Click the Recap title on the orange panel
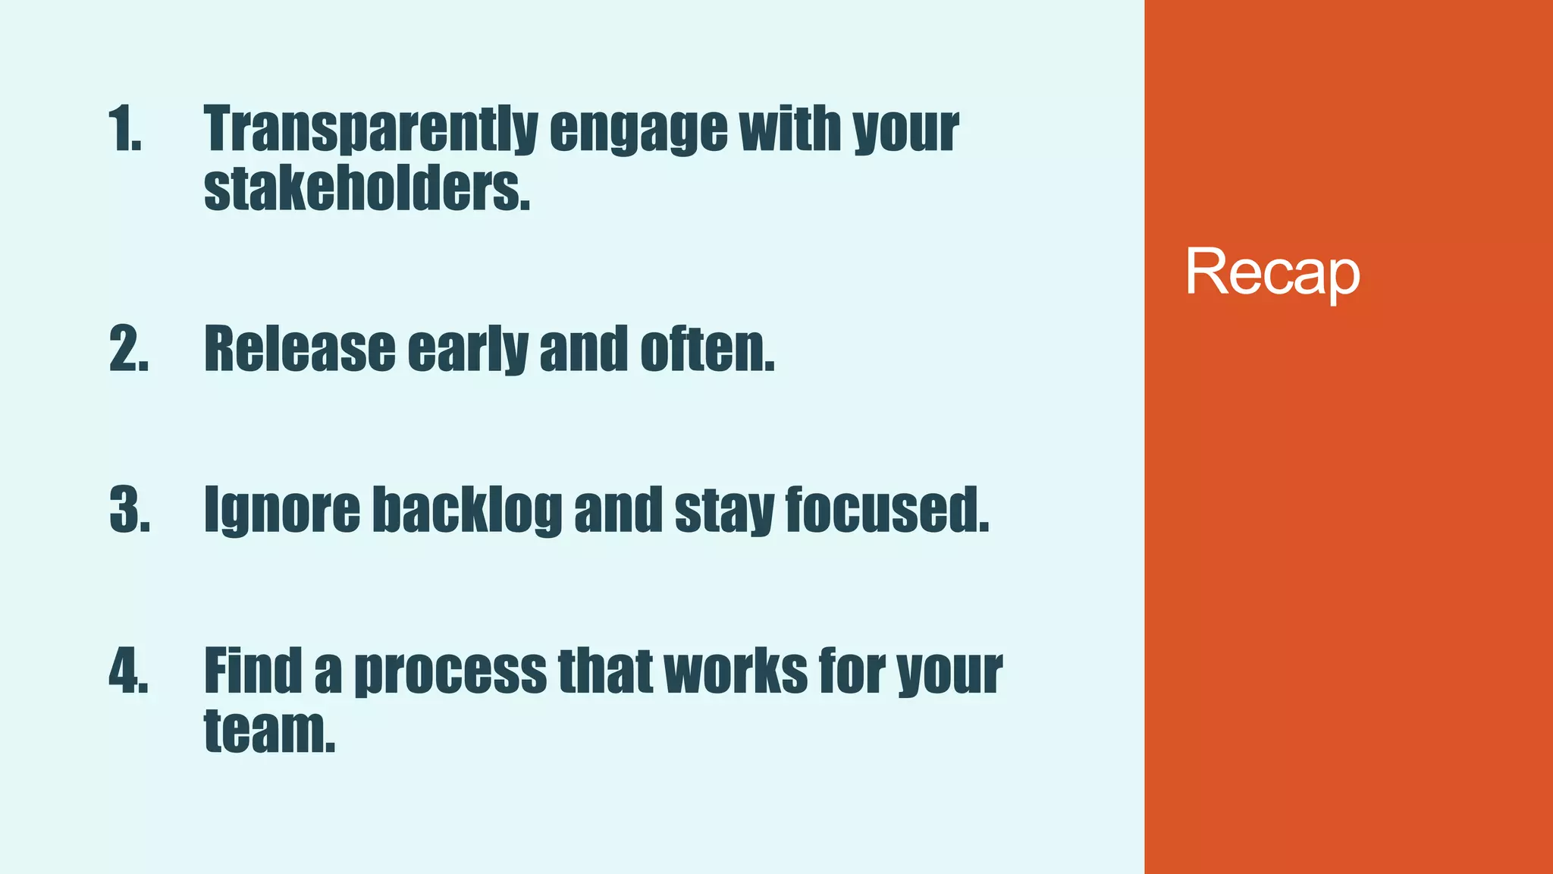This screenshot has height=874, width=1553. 1272,272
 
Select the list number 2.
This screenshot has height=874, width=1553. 129,349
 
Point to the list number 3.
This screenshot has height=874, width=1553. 130,510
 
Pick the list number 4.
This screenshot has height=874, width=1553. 129,671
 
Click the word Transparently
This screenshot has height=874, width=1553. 371,129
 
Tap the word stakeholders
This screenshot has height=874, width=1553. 367,188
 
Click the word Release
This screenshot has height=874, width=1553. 300,349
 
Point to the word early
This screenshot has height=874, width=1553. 467,349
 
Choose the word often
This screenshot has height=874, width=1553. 707,349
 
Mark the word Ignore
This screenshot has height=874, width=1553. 282,510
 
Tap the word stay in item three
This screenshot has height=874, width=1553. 723,510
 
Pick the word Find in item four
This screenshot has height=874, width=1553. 253,671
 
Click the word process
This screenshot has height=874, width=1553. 450,671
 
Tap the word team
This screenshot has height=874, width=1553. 269,730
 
